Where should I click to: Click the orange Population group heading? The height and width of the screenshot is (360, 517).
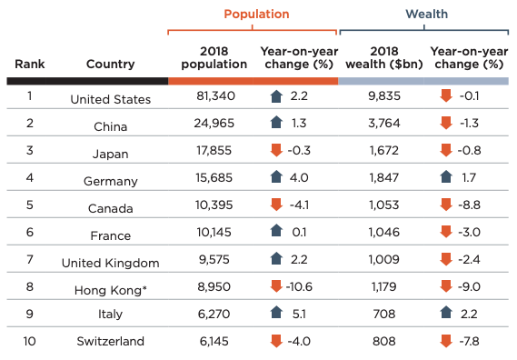click(256, 15)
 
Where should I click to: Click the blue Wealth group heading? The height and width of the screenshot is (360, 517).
click(427, 15)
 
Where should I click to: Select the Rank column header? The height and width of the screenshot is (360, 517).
click(30, 64)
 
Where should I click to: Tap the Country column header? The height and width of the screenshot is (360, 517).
click(111, 64)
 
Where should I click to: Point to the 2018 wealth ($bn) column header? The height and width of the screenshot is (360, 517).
click(384, 58)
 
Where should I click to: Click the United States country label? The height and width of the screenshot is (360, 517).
click(111, 99)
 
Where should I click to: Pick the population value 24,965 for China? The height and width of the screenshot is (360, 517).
click(214, 123)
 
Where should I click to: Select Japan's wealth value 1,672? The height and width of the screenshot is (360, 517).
click(384, 151)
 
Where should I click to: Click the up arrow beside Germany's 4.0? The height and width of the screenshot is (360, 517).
click(276, 177)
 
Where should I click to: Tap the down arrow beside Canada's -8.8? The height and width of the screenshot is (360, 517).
click(446, 205)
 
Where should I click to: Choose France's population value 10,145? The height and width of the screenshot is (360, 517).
click(214, 233)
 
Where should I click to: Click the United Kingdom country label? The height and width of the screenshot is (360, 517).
click(111, 263)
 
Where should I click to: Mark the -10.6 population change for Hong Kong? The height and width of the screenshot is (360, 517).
click(299, 286)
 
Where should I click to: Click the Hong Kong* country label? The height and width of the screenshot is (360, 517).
click(111, 290)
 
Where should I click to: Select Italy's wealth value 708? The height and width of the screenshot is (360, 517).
click(384, 314)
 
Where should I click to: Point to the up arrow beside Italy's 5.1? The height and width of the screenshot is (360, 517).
click(276, 312)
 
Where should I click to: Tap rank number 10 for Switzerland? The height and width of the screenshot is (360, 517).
click(29, 341)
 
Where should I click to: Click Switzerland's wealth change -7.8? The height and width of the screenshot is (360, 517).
click(469, 341)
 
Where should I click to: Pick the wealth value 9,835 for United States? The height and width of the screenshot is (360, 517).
click(384, 96)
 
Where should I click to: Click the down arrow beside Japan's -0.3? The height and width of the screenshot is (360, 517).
click(276, 150)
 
